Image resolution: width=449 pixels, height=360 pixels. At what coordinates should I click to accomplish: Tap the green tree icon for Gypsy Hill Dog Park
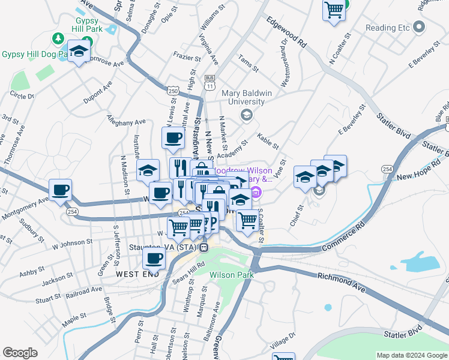[x=58, y=39]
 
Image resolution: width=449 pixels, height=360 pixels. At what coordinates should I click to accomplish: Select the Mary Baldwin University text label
[x=243, y=97]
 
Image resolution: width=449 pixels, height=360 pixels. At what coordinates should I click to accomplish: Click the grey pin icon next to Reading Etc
[x=419, y=28]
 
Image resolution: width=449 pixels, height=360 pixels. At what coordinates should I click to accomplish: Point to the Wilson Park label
[x=232, y=275]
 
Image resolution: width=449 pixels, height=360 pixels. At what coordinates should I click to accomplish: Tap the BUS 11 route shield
[x=209, y=82]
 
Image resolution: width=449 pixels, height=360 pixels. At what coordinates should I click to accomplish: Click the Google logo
[x=20, y=353]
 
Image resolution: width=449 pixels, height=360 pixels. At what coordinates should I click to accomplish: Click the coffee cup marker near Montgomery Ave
[x=60, y=190]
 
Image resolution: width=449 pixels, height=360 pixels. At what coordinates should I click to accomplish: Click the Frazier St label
[x=187, y=58]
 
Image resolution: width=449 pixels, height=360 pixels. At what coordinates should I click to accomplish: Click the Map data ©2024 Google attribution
[x=412, y=355]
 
